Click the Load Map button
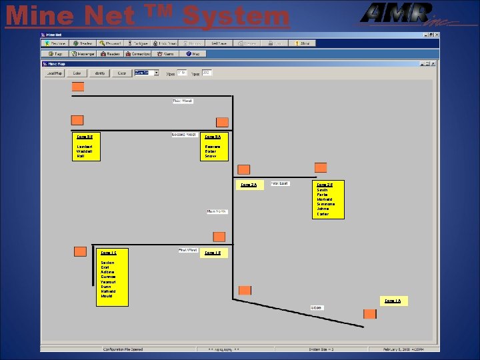click(54, 73)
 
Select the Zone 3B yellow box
click(86, 147)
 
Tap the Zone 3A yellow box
click(215, 147)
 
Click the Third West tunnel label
click(182, 101)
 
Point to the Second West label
click(183, 135)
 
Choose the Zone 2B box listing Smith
click(329, 199)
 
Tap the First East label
click(279, 183)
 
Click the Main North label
click(216, 211)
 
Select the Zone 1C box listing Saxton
click(111, 277)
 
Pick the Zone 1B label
click(214, 253)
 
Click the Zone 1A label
click(393, 301)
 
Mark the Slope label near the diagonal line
click(317, 307)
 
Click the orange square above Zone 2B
click(321, 167)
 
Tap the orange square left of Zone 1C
click(80, 251)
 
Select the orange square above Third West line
click(78, 87)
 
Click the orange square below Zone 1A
click(369, 314)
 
